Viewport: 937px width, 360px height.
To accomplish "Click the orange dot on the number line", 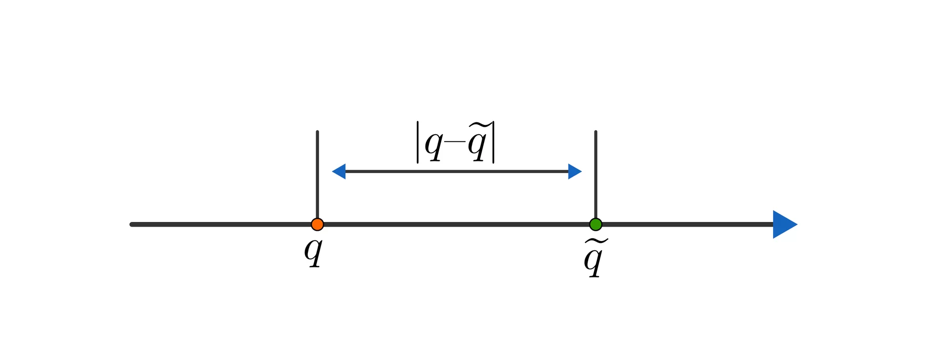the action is (x=317, y=224).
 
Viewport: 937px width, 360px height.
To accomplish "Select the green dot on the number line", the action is (x=595, y=224).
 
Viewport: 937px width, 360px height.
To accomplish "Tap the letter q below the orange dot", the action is (x=314, y=253).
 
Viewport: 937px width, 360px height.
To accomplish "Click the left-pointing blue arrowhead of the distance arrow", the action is (x=339, y=172).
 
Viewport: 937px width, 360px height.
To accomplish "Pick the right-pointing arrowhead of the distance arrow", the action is (x=575, y=172).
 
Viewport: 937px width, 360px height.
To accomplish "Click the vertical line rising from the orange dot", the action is (x=317, y=175).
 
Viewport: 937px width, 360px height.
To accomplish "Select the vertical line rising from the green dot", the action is (x=595, y=175).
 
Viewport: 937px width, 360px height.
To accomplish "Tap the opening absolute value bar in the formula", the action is (x=418, y=142).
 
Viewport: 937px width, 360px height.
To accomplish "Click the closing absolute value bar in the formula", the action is (x=493, y=142).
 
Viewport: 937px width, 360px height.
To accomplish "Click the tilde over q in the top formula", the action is (x=478, y=125).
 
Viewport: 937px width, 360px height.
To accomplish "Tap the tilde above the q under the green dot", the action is (x=596, y=242).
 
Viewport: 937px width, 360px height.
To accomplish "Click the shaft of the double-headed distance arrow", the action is (x=457, y=172).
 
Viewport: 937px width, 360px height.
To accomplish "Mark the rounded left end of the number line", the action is (x=131, y=224).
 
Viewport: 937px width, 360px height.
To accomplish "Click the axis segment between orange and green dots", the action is (x=456, y=224).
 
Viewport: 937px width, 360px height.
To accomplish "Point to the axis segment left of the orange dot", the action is (x=221, y=224).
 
